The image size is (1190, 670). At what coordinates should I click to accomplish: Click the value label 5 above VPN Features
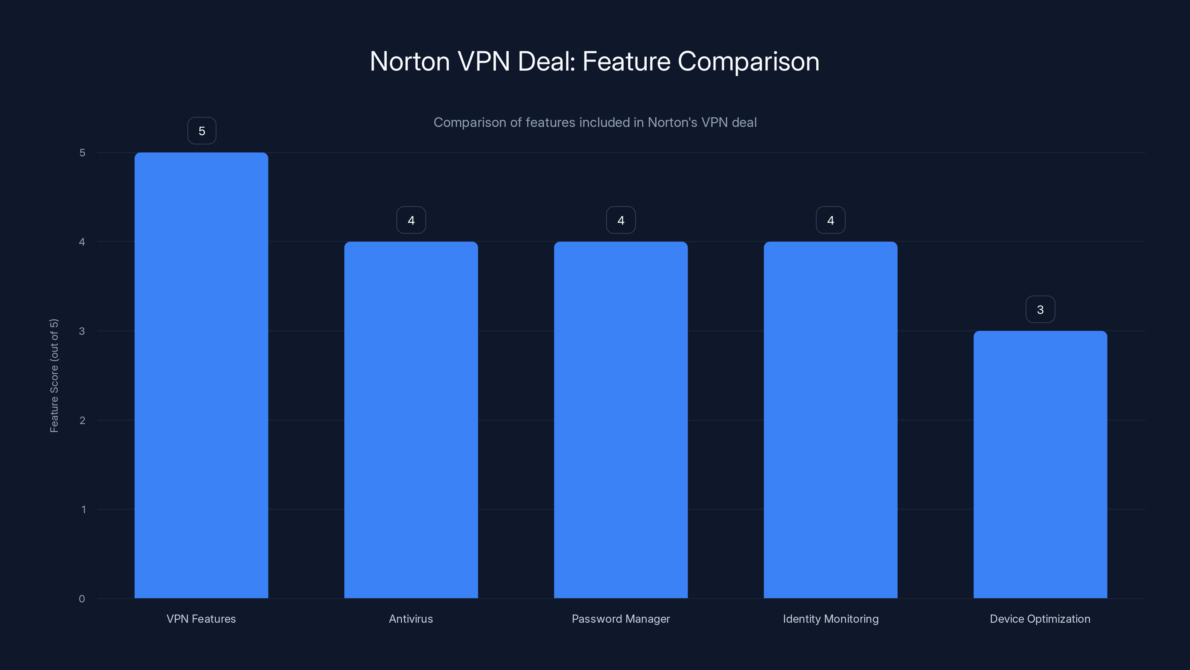point(202,131)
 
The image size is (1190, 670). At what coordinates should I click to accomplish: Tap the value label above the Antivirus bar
point(411,220)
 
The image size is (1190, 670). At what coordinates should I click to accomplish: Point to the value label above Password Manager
point(621,220)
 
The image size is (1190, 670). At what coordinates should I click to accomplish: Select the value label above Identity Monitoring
point(831,220)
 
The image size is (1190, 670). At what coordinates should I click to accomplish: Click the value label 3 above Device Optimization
point(1041,309)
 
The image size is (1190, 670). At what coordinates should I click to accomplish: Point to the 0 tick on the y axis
point(82,599)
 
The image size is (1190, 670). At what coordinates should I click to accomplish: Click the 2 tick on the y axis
point(82,420)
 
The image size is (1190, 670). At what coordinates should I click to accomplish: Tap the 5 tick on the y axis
point(82,153)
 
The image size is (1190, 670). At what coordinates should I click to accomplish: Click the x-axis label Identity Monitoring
point(831,619)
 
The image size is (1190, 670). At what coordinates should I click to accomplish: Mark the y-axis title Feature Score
point(54,376)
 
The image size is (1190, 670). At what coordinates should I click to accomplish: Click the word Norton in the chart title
point(410,61)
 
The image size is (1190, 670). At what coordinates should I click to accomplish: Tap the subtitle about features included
point(595,122)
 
